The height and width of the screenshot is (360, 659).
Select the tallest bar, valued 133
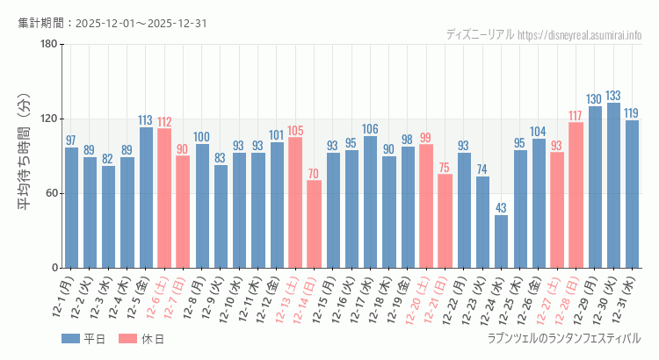[613, 185]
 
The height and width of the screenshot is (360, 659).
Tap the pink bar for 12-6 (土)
[164, 198]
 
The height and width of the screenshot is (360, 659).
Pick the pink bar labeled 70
[314, 224]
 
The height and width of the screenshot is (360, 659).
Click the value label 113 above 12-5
[146, 120]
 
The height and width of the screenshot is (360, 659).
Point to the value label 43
[501, 208]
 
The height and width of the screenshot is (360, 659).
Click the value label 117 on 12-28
[576, 116]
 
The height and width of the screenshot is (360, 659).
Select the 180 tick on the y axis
[48, 45]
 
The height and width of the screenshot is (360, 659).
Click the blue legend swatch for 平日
[70, 339]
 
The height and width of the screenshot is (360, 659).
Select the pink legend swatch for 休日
[127, 339]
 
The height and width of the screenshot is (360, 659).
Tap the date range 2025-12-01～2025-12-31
[141, 23]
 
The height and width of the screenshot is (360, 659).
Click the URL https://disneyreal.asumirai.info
[580, 35]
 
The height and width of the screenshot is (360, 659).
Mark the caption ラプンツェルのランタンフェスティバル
[564, 338]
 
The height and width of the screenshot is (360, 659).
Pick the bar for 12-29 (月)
[595, 187]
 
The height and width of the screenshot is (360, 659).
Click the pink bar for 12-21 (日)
[445, 221]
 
